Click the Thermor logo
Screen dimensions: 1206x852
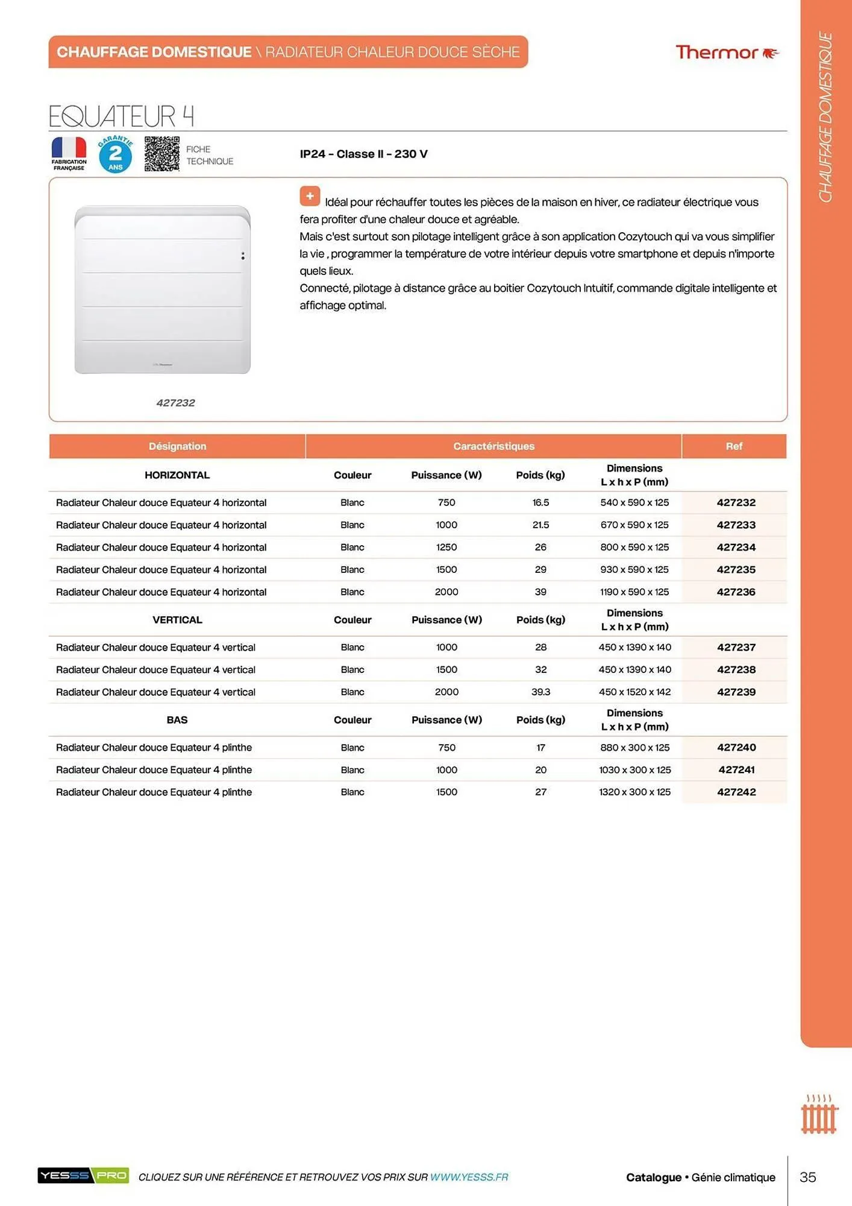[x=726, y=52]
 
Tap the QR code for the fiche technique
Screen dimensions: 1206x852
[x=161, y=154]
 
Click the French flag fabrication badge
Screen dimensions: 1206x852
[x=69, y=154]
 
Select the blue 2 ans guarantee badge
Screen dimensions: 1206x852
[x=115, y=154]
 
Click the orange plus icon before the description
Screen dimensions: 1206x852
[x=310, y=196]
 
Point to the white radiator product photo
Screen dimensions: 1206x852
[x=162, y=289]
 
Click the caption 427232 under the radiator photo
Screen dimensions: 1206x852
[x=175, y=403]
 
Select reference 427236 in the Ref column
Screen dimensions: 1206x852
[x=736, y=592]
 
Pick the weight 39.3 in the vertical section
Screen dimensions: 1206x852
[x=540, y=692]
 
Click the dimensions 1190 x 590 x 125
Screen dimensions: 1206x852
[x=634, y=592]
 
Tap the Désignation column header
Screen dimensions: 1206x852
[x=177, y=446]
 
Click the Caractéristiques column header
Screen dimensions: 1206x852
[x=493, y=446]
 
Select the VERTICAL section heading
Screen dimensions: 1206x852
[x=177, y=620]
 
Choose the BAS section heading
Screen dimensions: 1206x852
[x=177, y=720]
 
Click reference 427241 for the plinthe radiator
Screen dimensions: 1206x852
[x=736, y=770]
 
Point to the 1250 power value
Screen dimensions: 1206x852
[x=446, y=548]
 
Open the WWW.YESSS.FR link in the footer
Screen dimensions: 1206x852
[x=469, y=1177]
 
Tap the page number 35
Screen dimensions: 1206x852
[x=807, y=1177]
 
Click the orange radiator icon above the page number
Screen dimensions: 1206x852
[x=819, y=1115]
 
